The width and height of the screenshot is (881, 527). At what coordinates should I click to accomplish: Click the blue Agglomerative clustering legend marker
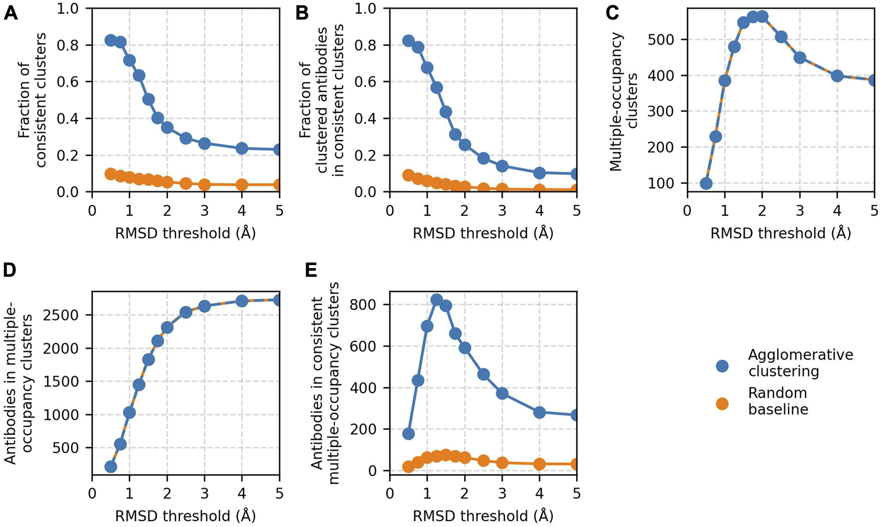[x=722, y=366]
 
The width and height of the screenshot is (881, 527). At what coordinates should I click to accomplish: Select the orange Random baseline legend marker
[x=722, y=404]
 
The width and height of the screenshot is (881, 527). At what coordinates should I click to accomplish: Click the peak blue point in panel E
[x=437, y=300]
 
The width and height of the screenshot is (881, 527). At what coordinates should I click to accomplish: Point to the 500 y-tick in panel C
[x=667, y=40]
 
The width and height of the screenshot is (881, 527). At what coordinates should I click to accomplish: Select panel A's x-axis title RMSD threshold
[x=185, y=233]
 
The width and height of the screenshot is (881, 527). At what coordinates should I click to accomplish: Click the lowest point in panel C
[x=706, y=183]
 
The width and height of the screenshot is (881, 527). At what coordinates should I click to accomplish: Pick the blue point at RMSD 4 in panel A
[x=242, y=148]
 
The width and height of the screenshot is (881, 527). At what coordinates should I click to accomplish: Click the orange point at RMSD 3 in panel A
[x=204, y=184]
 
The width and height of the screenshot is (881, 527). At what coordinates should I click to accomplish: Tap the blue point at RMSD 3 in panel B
[x=502, y=166]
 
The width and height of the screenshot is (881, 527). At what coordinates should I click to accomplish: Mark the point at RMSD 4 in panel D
[x=242, y=301]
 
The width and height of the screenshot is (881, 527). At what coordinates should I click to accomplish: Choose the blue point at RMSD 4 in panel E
[x=539, y=412]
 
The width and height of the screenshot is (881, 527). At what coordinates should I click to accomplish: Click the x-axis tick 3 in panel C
[x=799, y=210]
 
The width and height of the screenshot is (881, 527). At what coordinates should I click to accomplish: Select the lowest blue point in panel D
[x=111, y=466]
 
